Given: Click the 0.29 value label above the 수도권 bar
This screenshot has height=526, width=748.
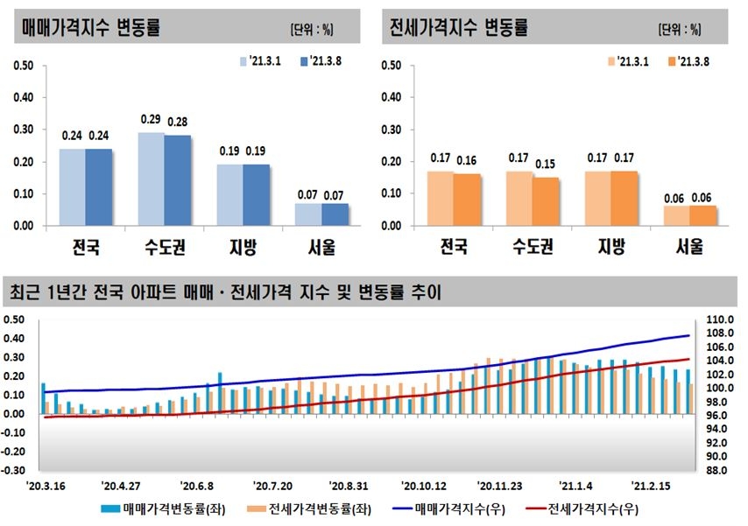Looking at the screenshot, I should (150, 118).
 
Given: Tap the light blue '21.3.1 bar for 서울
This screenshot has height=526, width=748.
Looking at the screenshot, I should (308, 214).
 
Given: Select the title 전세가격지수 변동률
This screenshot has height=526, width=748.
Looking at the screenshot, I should (459, 26).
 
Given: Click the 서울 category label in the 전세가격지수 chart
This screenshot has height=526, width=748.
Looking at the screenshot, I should (689, 247).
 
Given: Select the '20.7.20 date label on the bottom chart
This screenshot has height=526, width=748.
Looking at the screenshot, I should (272, 484).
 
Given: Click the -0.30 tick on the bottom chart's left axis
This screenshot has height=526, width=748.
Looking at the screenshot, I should (15, 469).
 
